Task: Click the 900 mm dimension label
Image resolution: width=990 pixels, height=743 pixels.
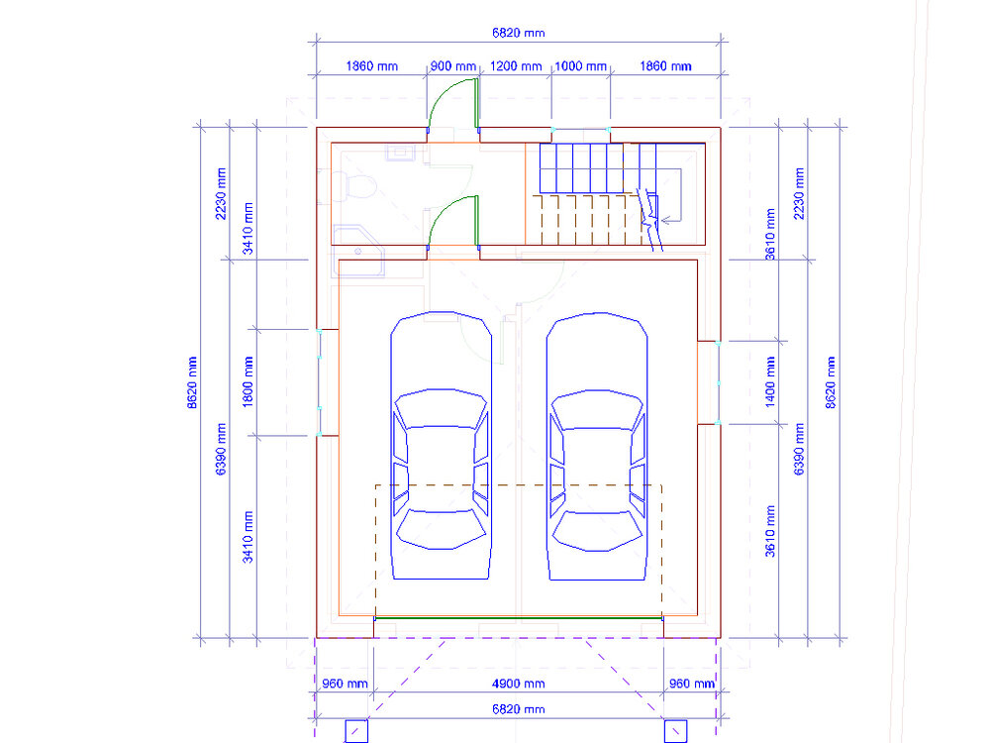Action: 452,66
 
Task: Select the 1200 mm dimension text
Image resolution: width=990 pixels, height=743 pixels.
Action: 515,66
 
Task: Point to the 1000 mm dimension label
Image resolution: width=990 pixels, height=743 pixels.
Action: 580,66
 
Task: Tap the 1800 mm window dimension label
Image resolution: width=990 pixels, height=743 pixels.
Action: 248,381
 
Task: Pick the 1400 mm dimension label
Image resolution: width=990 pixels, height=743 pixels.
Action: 770,381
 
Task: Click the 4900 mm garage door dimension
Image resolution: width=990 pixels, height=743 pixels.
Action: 519,684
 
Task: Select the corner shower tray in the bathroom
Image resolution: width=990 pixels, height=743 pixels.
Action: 358,251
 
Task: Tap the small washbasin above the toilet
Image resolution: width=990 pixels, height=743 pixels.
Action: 400,153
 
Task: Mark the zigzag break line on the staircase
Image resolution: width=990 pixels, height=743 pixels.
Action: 649,219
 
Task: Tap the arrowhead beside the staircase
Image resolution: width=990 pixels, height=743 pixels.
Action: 665,221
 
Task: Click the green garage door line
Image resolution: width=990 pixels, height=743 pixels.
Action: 519,618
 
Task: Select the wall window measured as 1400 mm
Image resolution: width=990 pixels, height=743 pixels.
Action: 719,382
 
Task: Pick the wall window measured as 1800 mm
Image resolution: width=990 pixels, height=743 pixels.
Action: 320,382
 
